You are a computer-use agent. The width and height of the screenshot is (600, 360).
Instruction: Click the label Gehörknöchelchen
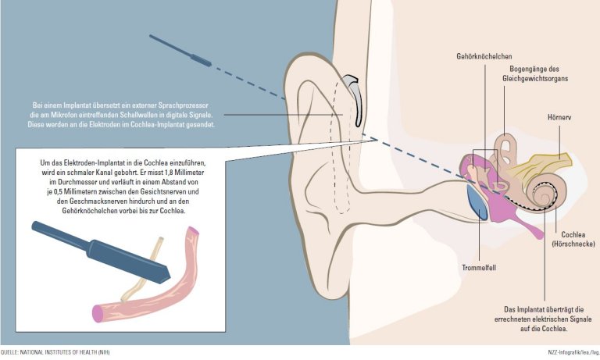[485, 56]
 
